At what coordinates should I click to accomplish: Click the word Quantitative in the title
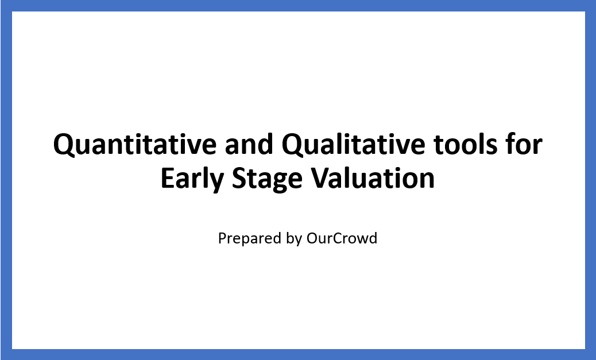(135, 145)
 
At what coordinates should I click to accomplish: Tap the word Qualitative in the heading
(353, 145)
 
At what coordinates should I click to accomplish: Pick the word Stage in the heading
(267, 179)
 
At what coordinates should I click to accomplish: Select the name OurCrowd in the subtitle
(342, 238)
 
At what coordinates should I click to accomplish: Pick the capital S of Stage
(239, 179)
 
